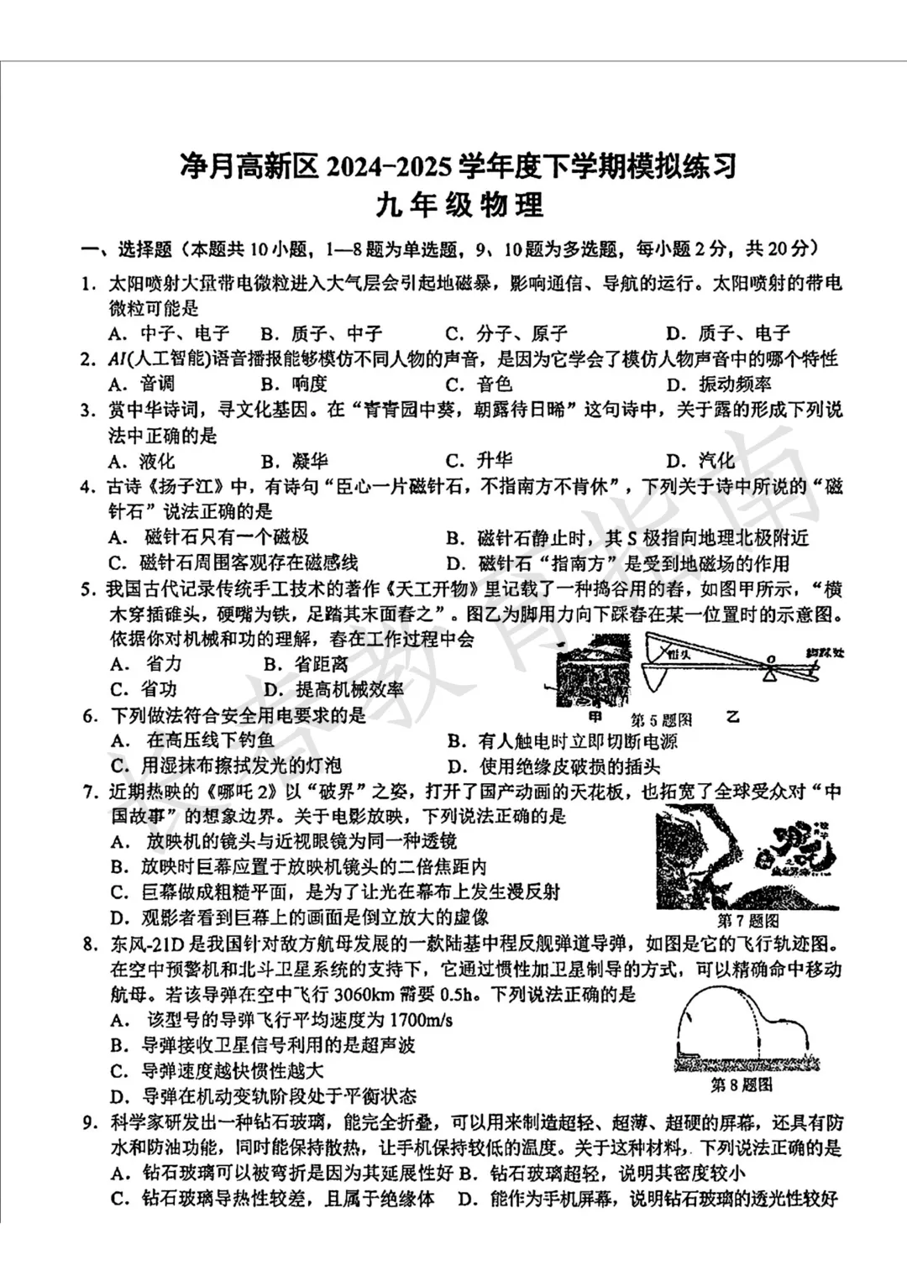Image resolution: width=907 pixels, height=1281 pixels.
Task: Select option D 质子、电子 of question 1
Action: [x=727, y=333]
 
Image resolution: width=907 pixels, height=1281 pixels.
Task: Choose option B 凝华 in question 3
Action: [x=294, y=461]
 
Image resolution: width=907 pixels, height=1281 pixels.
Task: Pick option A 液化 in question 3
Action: [x=142, y=461]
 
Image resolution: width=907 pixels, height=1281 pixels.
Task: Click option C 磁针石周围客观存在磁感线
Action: [x=233, y=562]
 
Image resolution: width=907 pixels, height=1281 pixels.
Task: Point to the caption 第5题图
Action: [x=661, y=719]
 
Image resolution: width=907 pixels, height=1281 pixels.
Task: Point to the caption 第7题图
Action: [x=748, y=920]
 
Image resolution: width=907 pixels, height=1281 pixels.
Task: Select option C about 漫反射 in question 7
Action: [x=336, y=891]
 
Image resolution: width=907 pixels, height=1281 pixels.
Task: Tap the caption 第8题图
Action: [x=742, y=1085]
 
